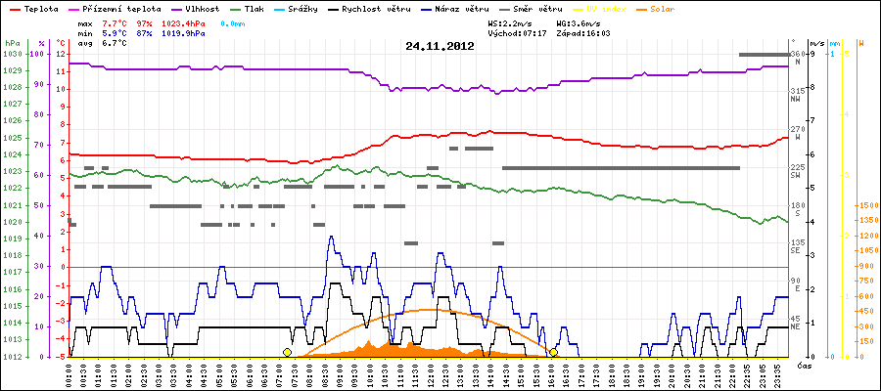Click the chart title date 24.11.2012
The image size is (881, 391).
click(x=440, y=45)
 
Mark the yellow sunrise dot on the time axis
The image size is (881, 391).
click(x=287, y=352)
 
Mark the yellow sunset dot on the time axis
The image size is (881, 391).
click(x=553, y=352)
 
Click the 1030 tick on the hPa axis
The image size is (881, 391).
click(x=12, y=54)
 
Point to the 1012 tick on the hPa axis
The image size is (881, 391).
click(x=12, y=357)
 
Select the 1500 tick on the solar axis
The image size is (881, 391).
click(x=866, y=205)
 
